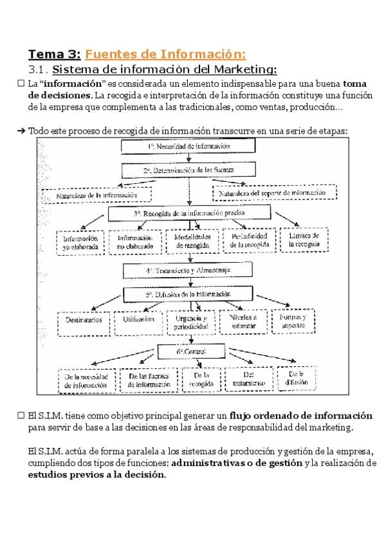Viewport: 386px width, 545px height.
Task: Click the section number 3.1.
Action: (39, 69)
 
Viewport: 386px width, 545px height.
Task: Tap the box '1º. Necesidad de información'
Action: (188, 147)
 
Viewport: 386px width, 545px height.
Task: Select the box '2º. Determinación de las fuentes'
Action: (188, 170)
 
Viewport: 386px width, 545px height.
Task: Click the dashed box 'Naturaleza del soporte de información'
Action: (277, 192)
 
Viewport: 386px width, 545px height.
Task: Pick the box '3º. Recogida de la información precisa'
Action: (188, 213)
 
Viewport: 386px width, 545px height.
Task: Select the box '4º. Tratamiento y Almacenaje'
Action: (188, 271)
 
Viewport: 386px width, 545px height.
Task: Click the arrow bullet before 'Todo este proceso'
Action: (21, 130)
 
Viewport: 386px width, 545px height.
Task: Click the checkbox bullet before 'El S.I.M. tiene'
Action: (21, 416)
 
